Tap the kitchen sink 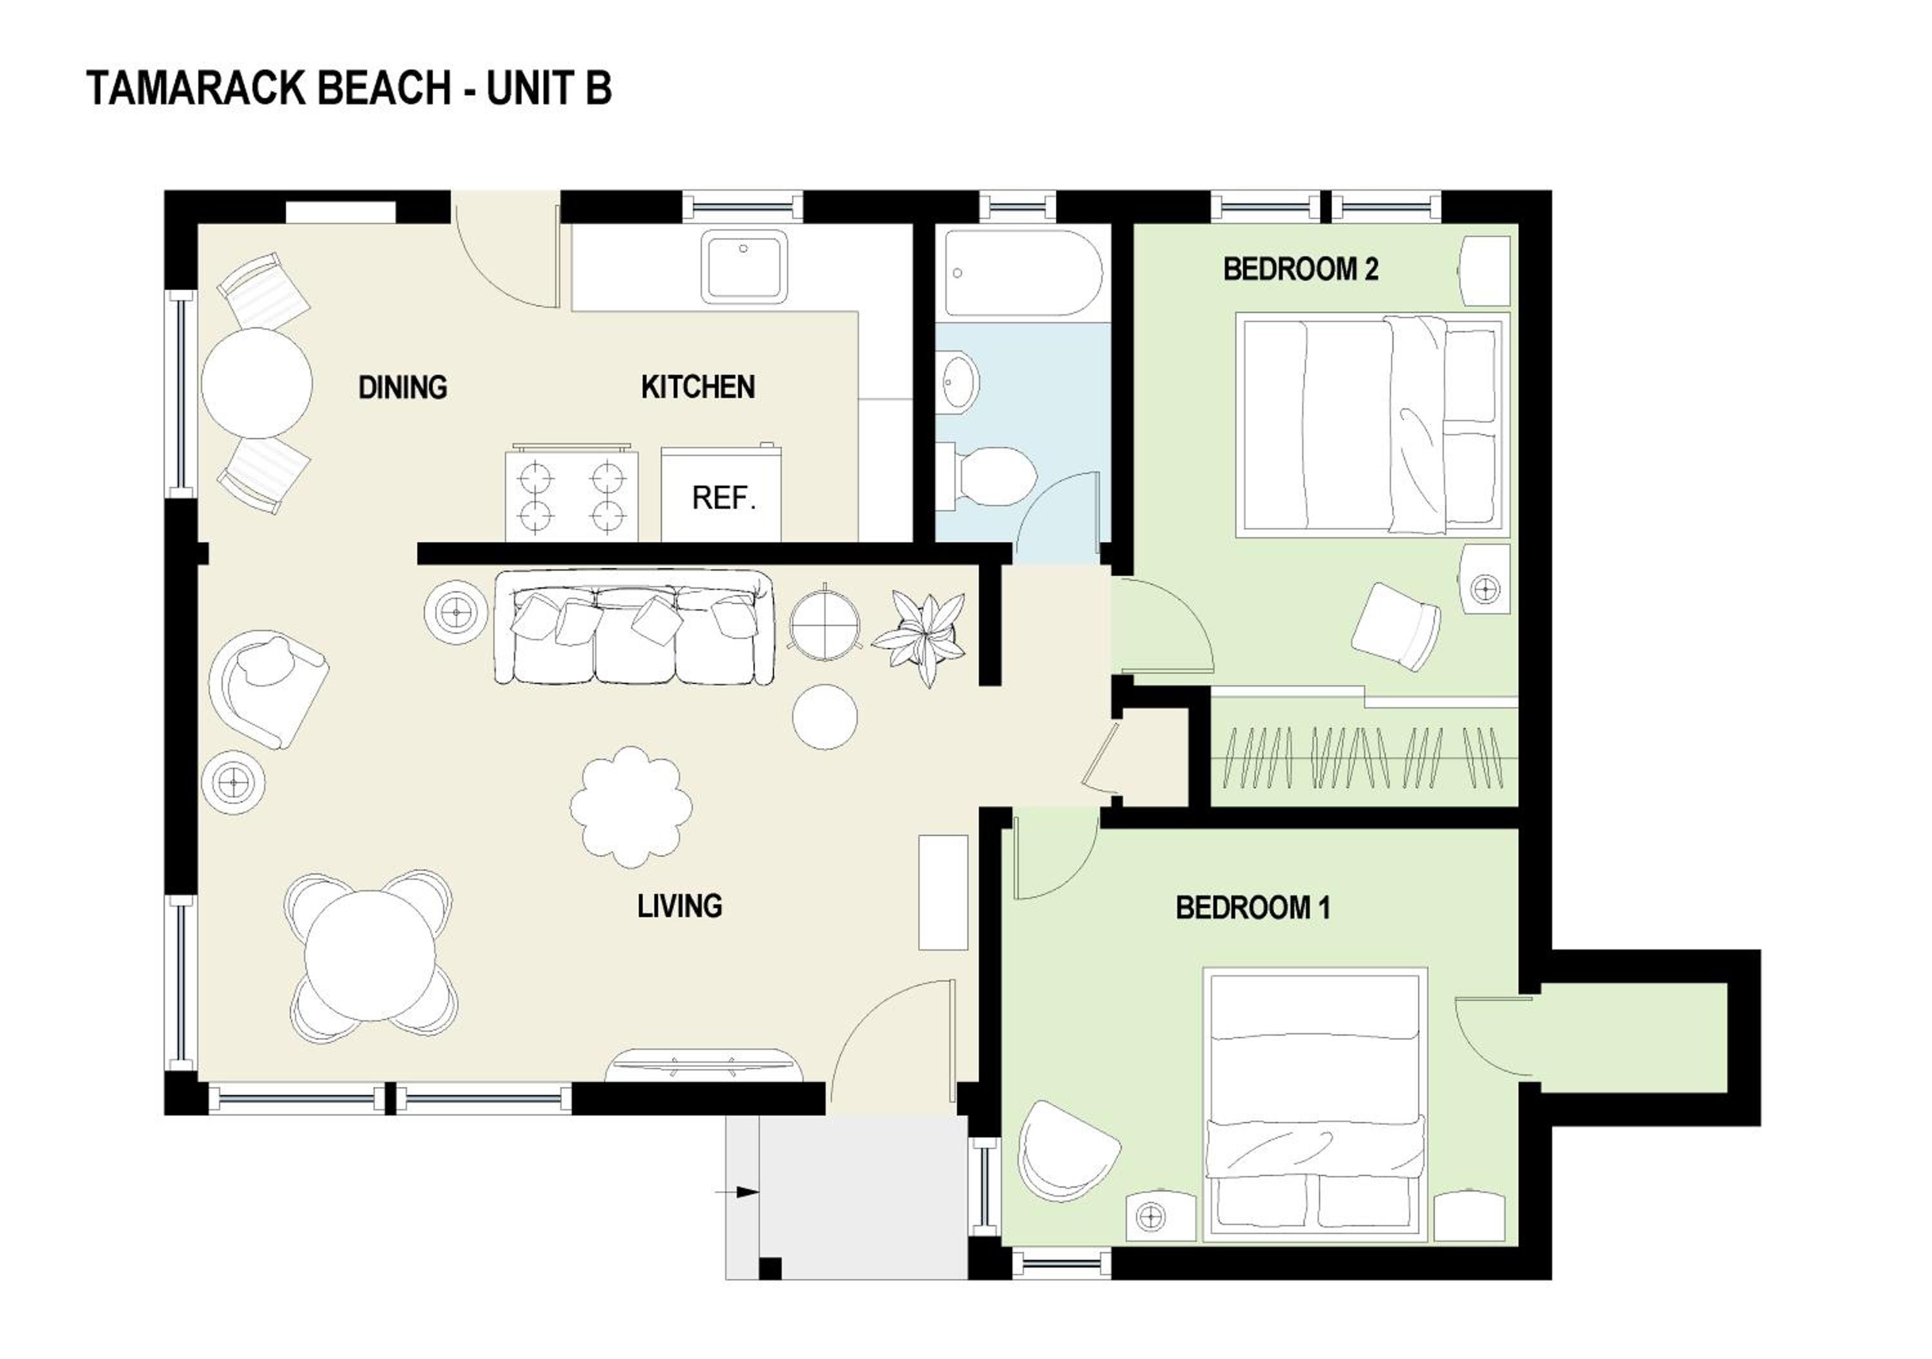click(744, 266)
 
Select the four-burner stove click(571, 494)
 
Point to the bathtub click(1023, 272)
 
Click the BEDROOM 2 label click(1301, 269)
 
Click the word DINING click(403, 387)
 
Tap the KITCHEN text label click(697, 387)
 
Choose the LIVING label click(679, 906)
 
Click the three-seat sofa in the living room click(634, 628)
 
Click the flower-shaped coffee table click(631, 807)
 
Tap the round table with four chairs click(371, 955)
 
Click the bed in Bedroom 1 click(1315, 1104)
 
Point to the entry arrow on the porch click(737, 1192)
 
